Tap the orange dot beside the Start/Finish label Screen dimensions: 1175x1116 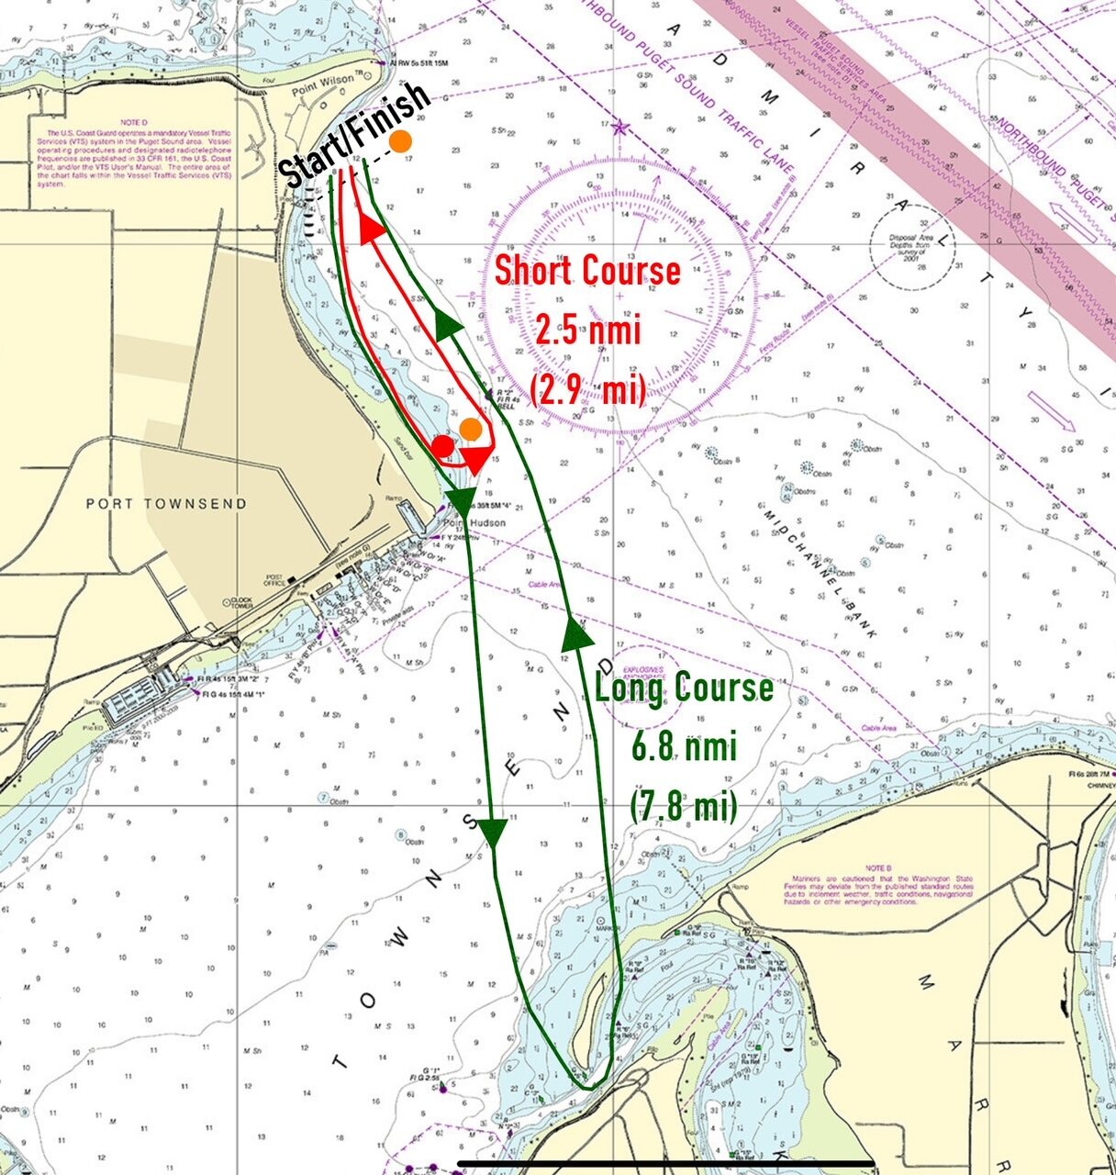(x=400, y=141)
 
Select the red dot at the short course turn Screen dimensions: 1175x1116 (x=442, y=446)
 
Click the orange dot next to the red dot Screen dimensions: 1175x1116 (x=471, y=428)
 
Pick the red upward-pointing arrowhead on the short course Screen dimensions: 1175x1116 (x=371, y=229)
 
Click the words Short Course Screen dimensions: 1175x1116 (x=587, y=271)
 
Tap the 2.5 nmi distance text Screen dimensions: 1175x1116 (x=587, y=330)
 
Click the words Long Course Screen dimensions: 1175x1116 (x=684, y=688)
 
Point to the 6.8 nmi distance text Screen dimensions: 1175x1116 (x=684, y=746)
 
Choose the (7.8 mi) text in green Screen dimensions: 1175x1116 (x=684, y=805)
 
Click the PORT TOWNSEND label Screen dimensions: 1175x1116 (x=166, y=504)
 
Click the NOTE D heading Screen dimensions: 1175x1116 (x=135, y=122)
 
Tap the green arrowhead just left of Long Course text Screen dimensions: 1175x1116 (x=575, y=633)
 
